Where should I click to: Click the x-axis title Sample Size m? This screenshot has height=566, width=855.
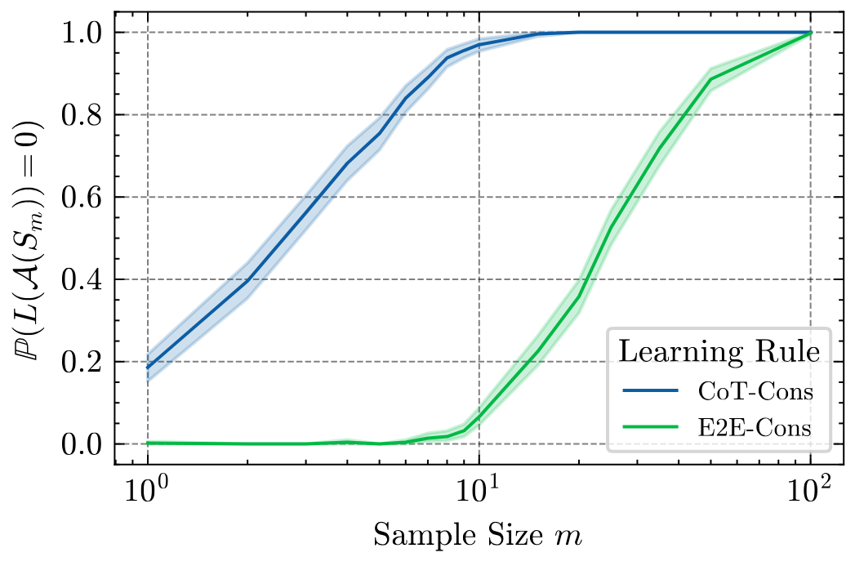(x=478, y=536)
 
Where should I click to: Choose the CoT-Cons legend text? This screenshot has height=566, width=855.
(x=755, y=392)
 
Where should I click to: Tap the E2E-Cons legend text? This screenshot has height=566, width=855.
(x=755, y=426)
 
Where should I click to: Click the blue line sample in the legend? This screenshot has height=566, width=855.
(x=650, y=392)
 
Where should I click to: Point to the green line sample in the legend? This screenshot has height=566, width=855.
(x=650, y=426)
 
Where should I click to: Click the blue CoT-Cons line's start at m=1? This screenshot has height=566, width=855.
(x=148, y=368)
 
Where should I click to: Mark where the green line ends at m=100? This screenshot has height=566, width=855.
(x=810, y=33)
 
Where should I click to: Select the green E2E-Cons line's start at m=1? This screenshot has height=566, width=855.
(x=148, y=443)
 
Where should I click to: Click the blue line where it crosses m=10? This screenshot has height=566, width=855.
(x=479, y=44)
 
